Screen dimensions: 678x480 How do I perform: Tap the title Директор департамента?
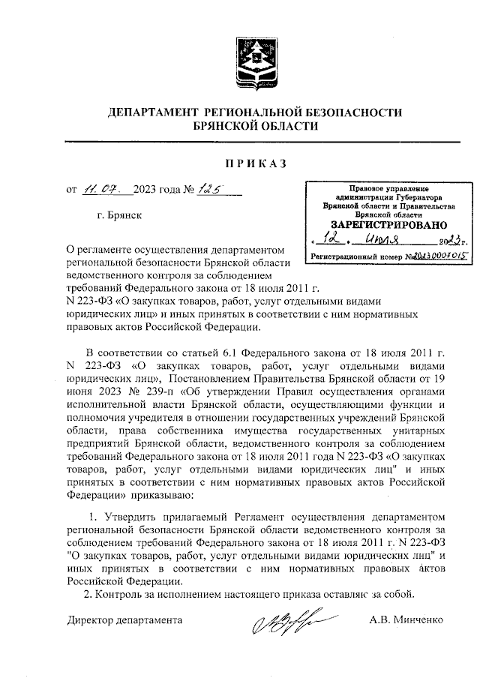[124, 621]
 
